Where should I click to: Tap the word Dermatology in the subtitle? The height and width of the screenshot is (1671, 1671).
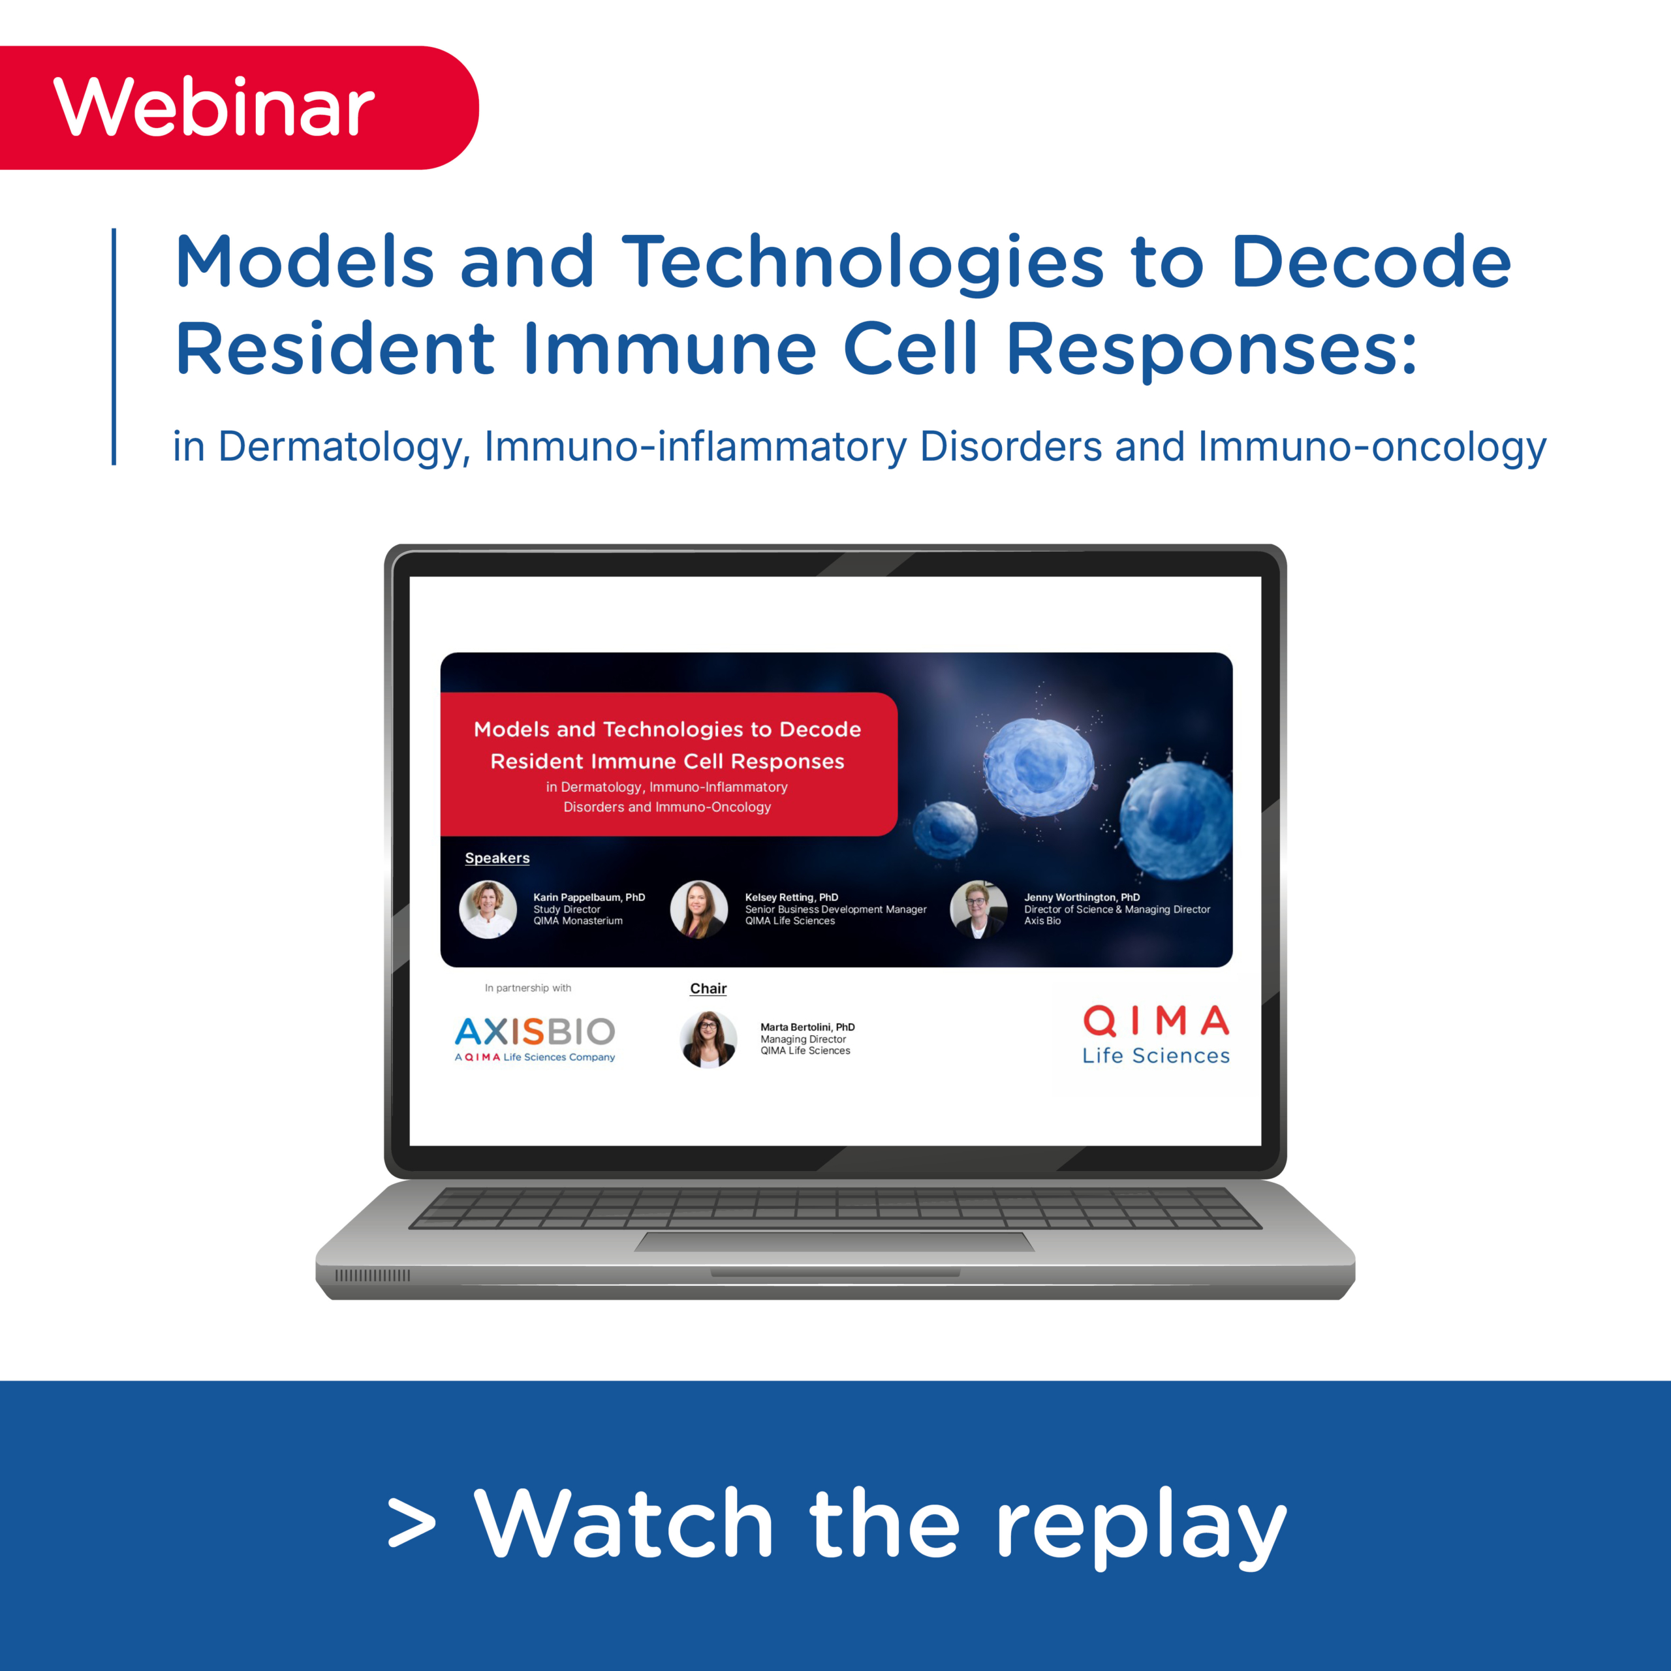[343, 447]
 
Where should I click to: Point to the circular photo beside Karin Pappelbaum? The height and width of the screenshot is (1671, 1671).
[488, 909]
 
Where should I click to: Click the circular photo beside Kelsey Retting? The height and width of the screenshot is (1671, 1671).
[699, 909]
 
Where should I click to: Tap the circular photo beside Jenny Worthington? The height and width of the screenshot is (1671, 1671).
[978, 909]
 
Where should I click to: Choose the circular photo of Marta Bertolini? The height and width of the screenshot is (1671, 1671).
[708, 1039]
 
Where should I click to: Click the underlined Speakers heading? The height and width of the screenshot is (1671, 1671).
[497, 858]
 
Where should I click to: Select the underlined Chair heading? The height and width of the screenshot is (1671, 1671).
[708, 989]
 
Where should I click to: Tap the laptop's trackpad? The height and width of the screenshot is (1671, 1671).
[835, 1242]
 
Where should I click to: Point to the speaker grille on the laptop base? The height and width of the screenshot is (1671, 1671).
[373, 1275]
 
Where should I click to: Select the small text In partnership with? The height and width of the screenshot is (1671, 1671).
[527, 988]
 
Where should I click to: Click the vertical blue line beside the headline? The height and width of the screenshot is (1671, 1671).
[114, 346]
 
